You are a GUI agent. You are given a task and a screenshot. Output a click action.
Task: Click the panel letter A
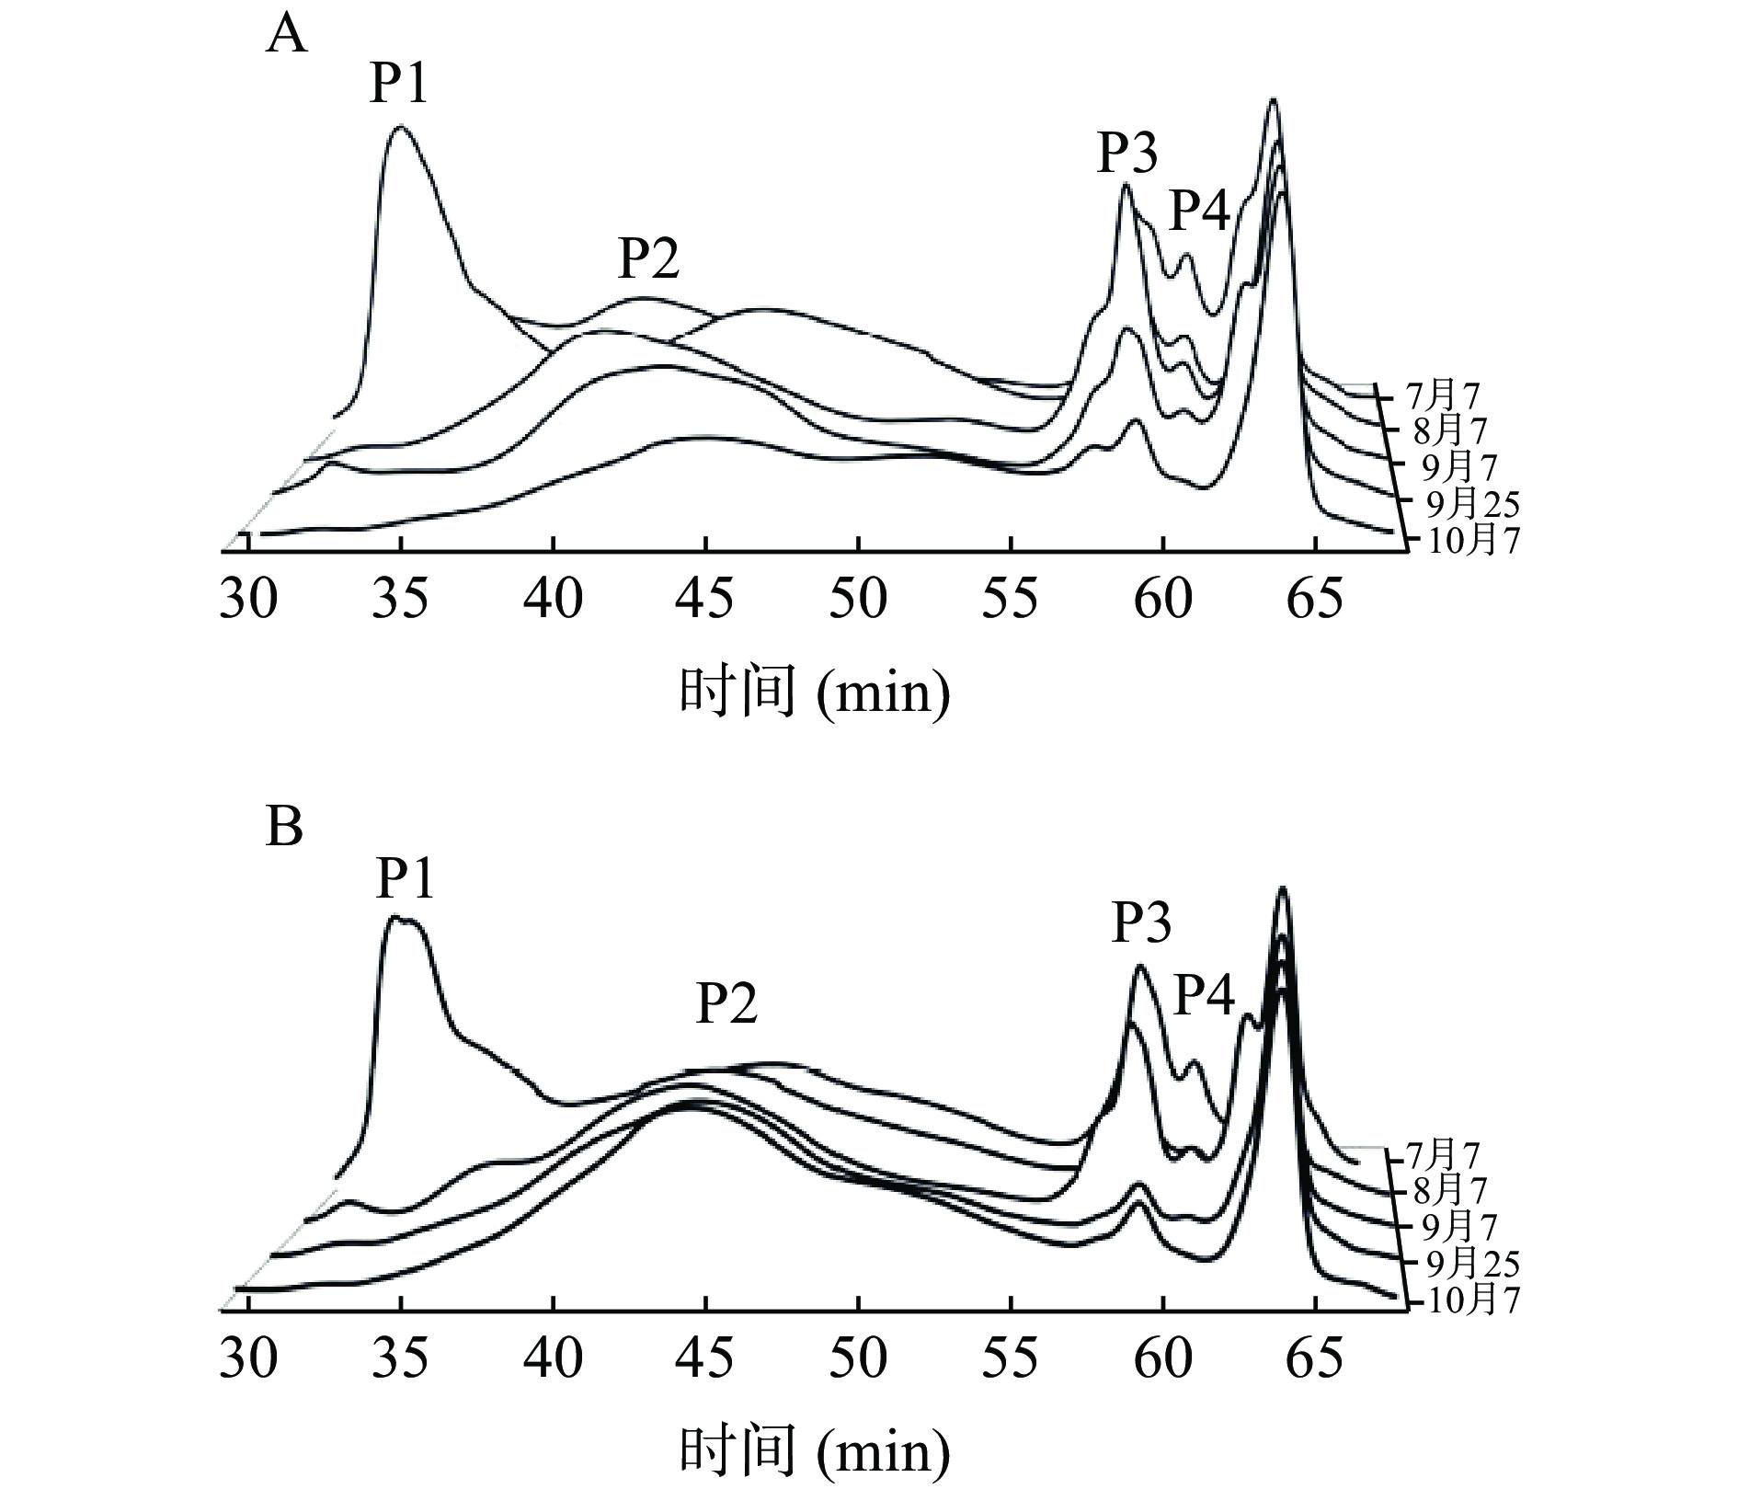tap(286, 39)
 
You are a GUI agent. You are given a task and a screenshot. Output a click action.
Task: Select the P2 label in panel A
tap(648, 258)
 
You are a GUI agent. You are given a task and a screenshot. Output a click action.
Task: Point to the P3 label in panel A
tap(1127, 153)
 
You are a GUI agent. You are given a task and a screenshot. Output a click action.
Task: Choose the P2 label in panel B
tap(726, 1003)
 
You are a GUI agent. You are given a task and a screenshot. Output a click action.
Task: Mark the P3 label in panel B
tap(1142, 922)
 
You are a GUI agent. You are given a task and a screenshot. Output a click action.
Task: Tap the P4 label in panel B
tap(1206, 996)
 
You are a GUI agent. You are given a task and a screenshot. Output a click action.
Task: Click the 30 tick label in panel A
tap(248, 601)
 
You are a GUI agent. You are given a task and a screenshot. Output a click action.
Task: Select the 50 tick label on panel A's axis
tap(857, 601)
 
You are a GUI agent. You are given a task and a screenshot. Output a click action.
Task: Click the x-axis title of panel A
tap(814, 692)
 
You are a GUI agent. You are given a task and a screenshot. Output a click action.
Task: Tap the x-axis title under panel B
tap(814, 1451)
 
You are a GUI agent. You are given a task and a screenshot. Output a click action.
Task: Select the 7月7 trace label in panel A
tap(1443, 396)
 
